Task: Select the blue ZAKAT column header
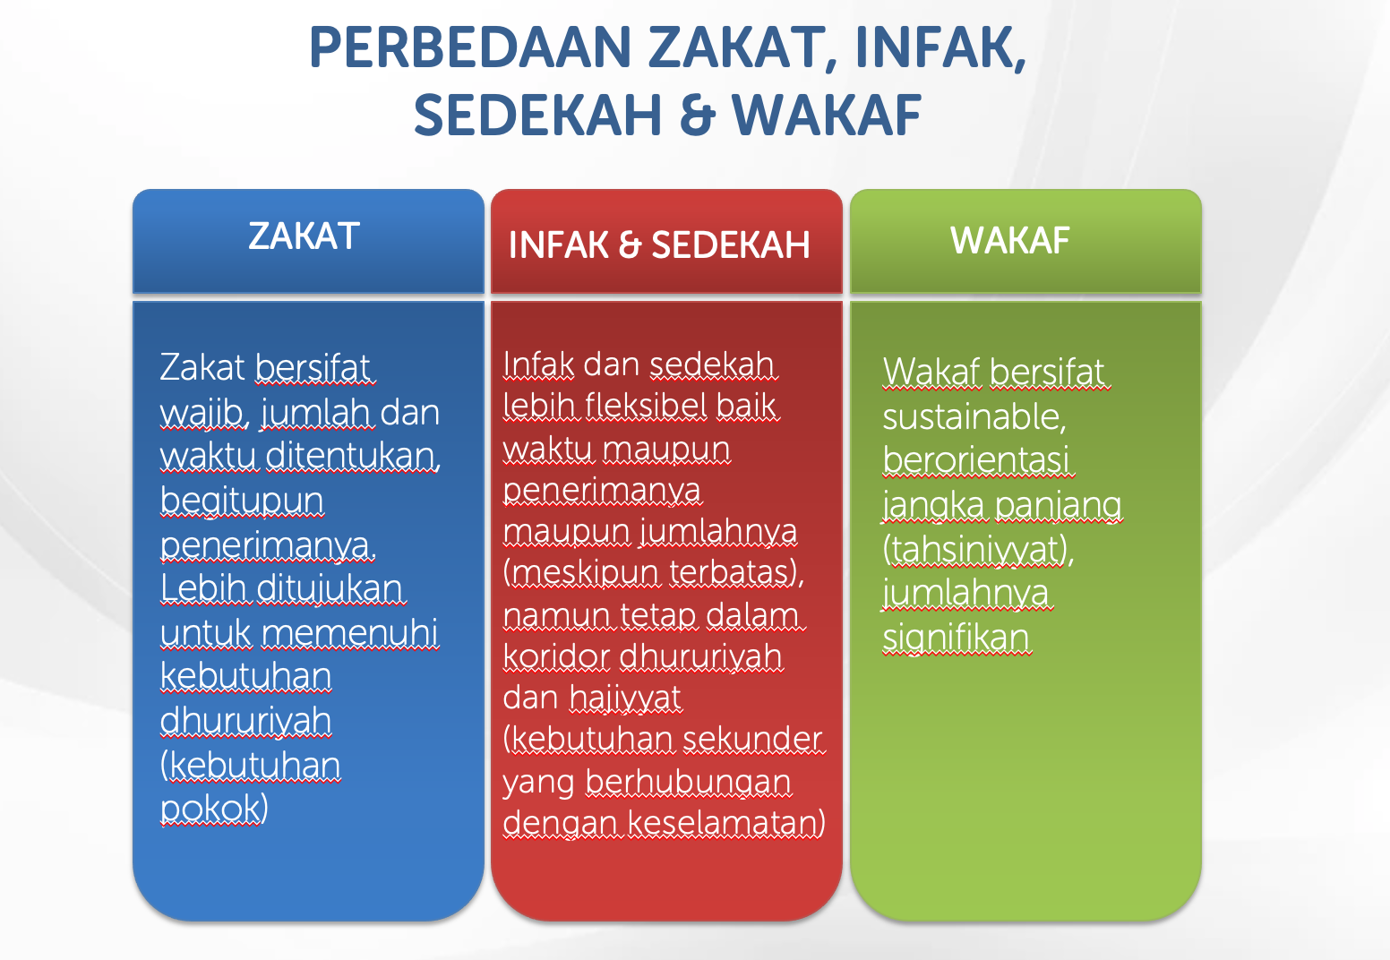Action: tap(305, 237)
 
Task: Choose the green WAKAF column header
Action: tap(1010, 241)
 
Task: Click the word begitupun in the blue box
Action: tap(242, 500)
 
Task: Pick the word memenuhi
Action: tap(350, 632)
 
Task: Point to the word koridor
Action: tap(556, 656)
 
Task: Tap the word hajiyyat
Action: tap(625, 698)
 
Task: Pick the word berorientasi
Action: tap(976, 460)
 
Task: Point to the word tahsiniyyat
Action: tap(977, 549)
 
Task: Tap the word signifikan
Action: tap(957, 638)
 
